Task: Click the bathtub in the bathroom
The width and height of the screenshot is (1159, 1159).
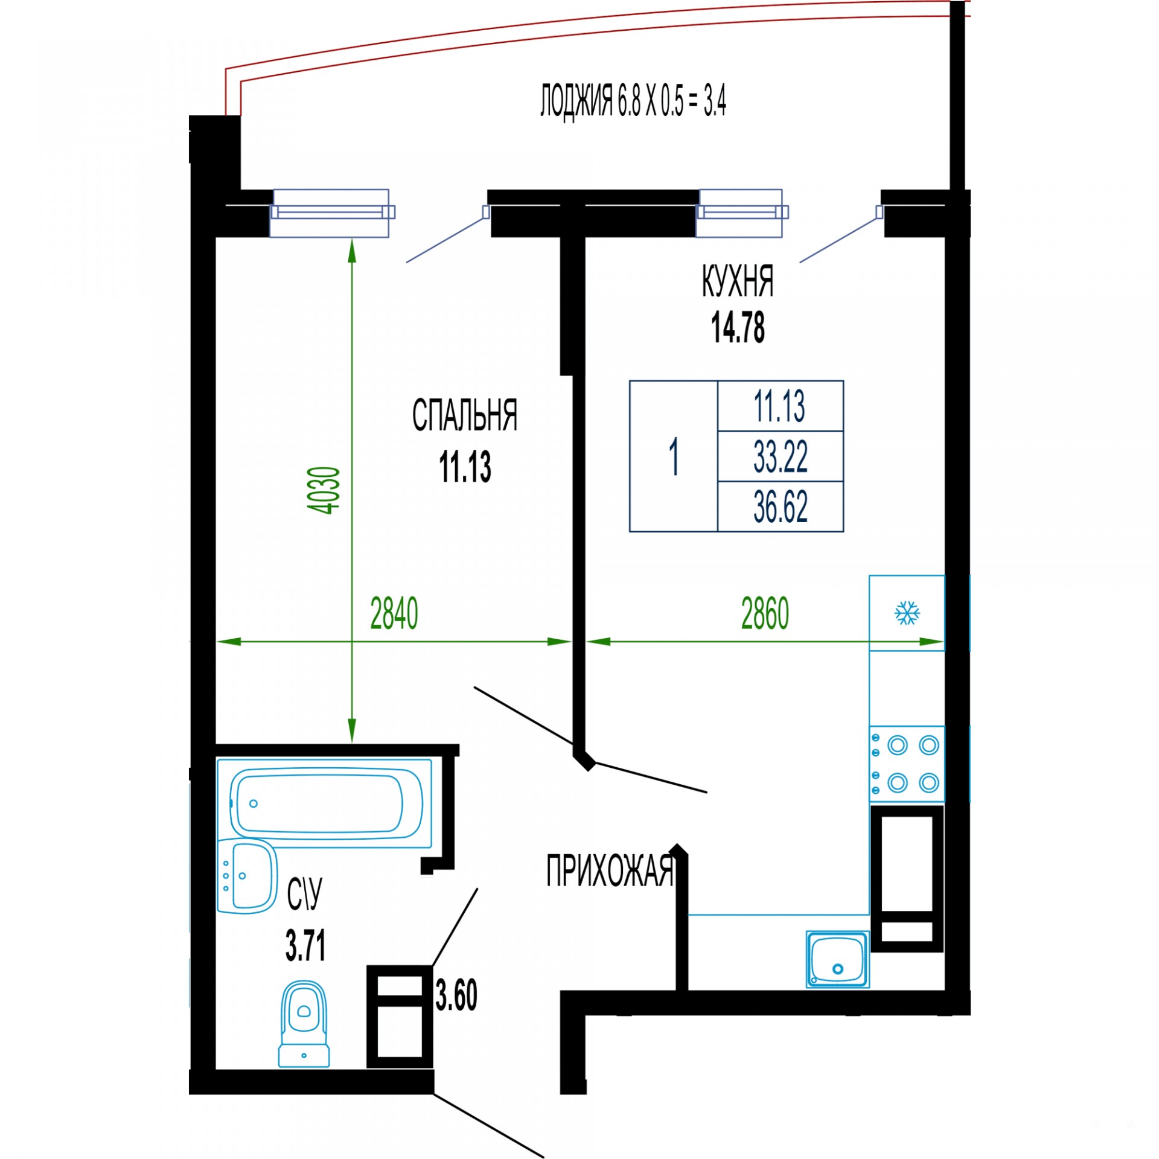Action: (x=325, y=803)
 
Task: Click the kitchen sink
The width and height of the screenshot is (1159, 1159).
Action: (x=838, y=959)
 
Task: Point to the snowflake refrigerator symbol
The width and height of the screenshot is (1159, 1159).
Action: (x=907, y=613)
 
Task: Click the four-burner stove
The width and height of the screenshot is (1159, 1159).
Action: (x=907, y=764)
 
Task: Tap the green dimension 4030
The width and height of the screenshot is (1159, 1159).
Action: (x=324, y=490)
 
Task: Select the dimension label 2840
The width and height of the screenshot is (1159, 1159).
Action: (x=394, y=613)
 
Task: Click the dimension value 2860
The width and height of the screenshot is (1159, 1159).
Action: (x=765, y=613)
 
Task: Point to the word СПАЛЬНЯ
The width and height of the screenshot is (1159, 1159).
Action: (x=465, y=415)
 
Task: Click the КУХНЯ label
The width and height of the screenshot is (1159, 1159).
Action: (x=738, y=281)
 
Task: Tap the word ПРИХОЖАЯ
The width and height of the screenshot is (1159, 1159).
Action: (x=610, y=871)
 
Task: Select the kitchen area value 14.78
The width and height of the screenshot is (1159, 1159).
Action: (x=738, y=328)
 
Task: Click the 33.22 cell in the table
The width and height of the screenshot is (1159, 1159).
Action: (x=781, y=456)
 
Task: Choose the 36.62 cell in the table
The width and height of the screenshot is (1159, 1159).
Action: (x=781, y=506)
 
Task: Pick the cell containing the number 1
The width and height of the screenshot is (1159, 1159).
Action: (x=674, y=456)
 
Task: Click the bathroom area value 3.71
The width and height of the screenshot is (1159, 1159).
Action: (x=305, y=945)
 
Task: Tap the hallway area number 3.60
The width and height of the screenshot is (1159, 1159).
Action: (x=456, y=995)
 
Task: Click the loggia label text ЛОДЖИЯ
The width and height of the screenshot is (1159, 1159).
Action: (x=576, y=101)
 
